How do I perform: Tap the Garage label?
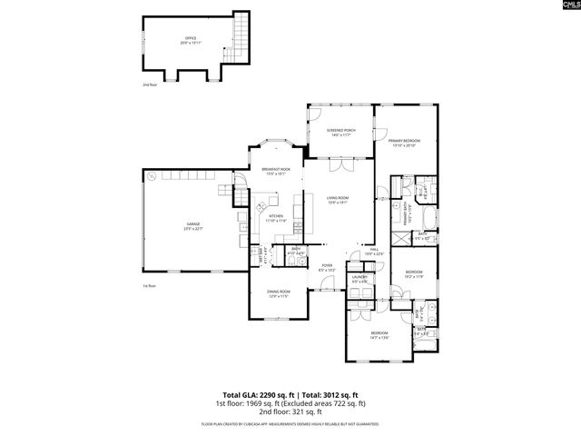click(193, 224)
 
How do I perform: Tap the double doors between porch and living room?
click(339, 167)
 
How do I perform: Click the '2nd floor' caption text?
click(149, 84)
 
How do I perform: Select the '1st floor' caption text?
click(149, 286)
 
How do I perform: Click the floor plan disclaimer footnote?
click(290, 423)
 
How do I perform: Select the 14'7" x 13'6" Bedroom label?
click(379, 335)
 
